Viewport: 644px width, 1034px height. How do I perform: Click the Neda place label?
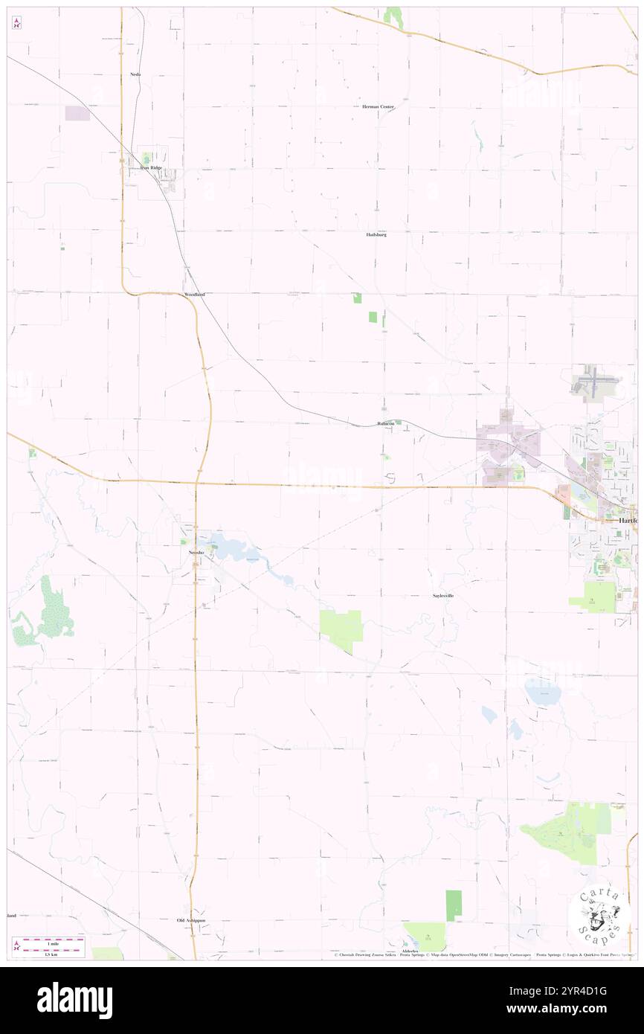[135, 74]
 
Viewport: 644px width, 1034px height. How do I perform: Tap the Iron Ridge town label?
[151, 168]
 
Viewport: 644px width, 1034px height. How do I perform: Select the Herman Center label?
[378, 107]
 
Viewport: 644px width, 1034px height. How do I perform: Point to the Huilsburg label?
[376, 234]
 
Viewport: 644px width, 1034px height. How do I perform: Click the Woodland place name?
[194, 295]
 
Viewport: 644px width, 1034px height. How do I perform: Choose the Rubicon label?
[385, 424]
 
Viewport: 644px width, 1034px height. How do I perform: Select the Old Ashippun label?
[190, 920]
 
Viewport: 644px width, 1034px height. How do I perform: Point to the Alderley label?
[411, 951]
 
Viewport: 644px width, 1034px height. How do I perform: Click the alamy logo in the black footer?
[74, 1000]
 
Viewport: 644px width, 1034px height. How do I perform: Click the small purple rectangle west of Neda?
[77, 113]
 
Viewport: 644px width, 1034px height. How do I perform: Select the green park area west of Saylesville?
[341, 626]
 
